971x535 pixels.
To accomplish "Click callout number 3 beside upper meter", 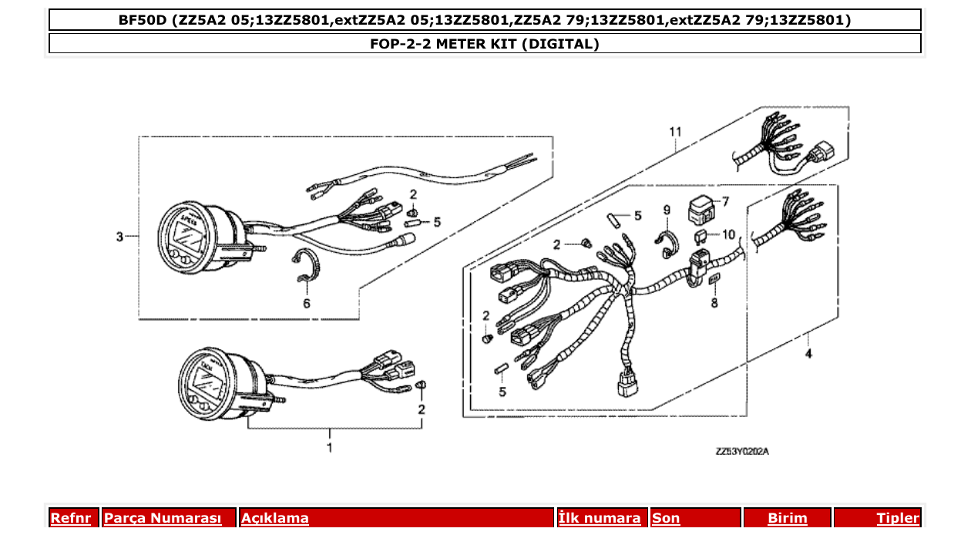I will pos(119,237).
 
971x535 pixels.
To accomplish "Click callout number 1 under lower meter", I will pos(330,447).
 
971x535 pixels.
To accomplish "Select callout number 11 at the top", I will pos(675,132).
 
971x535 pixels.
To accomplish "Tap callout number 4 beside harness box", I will pos(808,355).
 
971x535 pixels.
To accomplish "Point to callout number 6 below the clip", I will pos(307,304).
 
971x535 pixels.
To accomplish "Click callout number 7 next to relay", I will pos(724,201).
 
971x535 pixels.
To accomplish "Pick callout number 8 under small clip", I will pos(714,303).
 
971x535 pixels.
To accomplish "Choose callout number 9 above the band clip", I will pos(667,210).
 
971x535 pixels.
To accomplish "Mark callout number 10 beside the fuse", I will pos(729,234).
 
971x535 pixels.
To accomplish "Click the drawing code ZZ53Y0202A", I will pos(742,452).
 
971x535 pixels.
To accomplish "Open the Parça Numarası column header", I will pos(163,518).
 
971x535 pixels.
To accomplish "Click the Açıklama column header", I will pos(275,518).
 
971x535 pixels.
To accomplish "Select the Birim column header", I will pos(787,518).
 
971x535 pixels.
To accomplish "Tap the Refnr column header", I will pos(70,518).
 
